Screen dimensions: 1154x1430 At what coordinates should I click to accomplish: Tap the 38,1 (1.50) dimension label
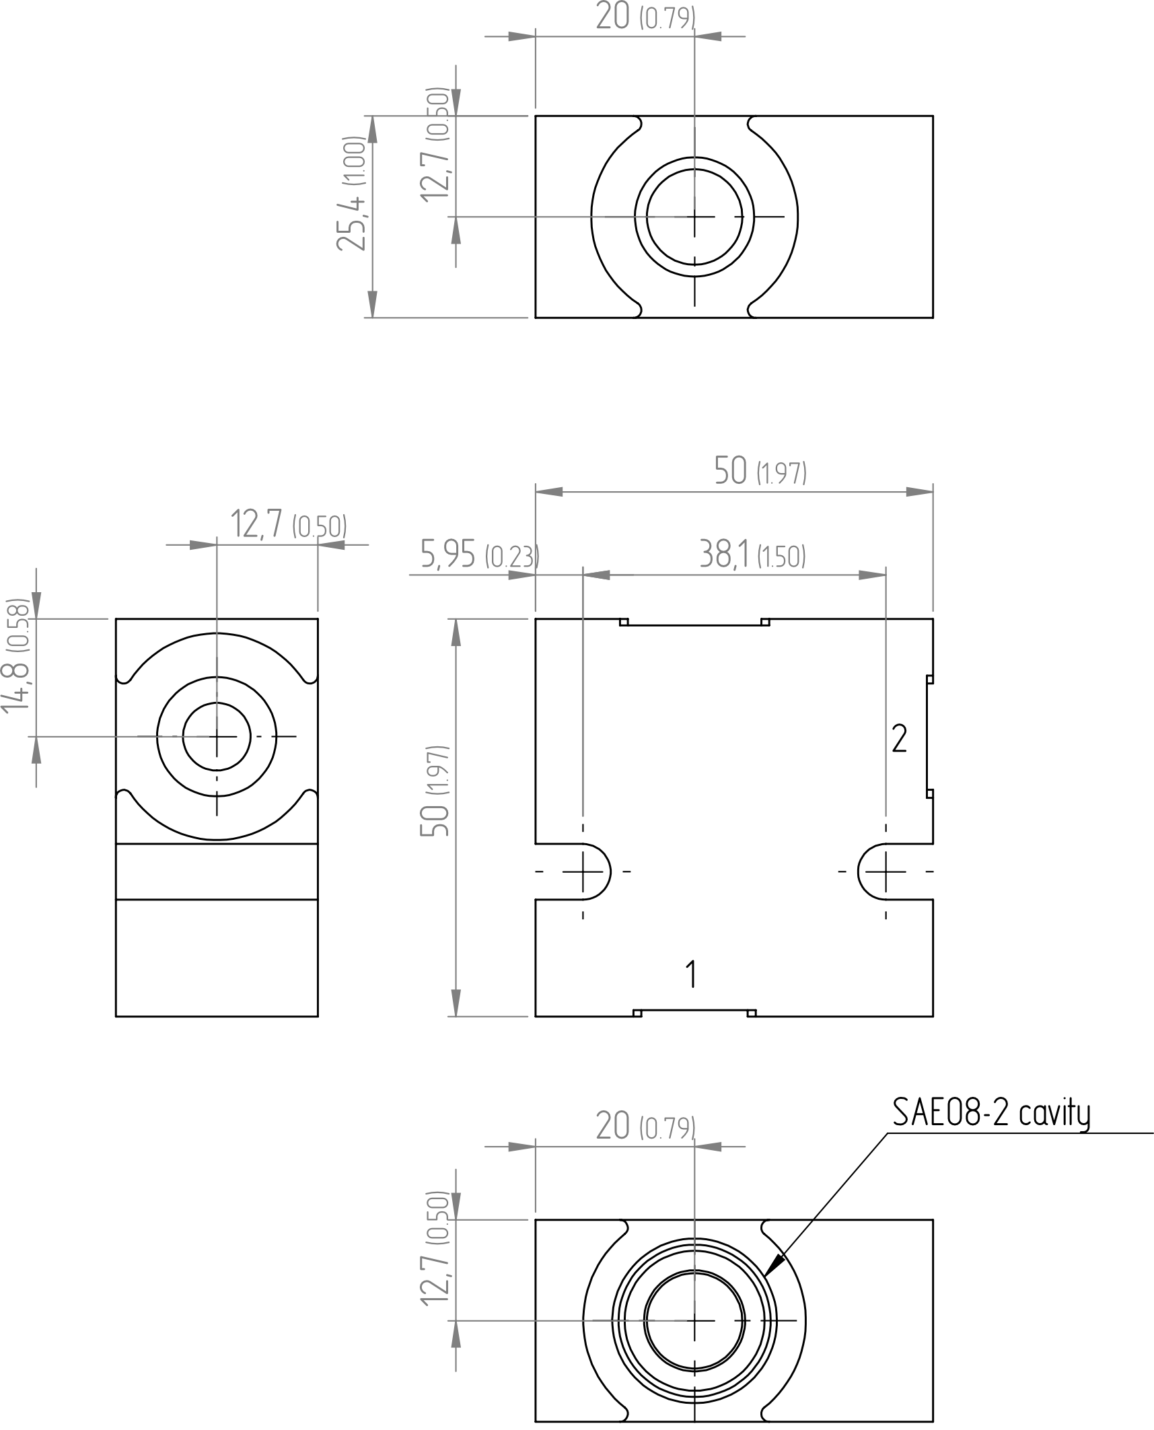tap(752, 555)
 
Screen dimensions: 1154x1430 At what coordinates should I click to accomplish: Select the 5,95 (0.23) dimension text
tap(480, 555)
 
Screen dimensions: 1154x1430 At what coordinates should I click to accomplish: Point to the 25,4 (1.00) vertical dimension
tap(351, 194)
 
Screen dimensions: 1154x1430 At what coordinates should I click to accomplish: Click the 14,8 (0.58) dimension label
tap(15, 655)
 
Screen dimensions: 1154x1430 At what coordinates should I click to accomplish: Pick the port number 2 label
tap(899, 739)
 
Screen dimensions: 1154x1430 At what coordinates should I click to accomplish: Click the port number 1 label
tap(691, 974)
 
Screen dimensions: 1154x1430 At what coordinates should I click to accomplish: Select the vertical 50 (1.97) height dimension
tap(435, 791)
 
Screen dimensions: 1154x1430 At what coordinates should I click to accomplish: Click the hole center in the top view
tap(694, 217)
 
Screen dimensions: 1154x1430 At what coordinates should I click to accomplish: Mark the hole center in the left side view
tap(217, 737)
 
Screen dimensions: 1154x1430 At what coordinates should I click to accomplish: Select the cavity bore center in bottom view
tap(694, 1320)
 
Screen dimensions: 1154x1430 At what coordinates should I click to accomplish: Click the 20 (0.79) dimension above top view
tap(645, 17)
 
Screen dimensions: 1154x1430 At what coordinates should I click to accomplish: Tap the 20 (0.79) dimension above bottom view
tap(645, 1127)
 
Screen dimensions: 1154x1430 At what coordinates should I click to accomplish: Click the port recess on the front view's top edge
tap(694, 622)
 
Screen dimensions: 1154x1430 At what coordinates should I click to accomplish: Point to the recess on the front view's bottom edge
tap(694, 1013)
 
